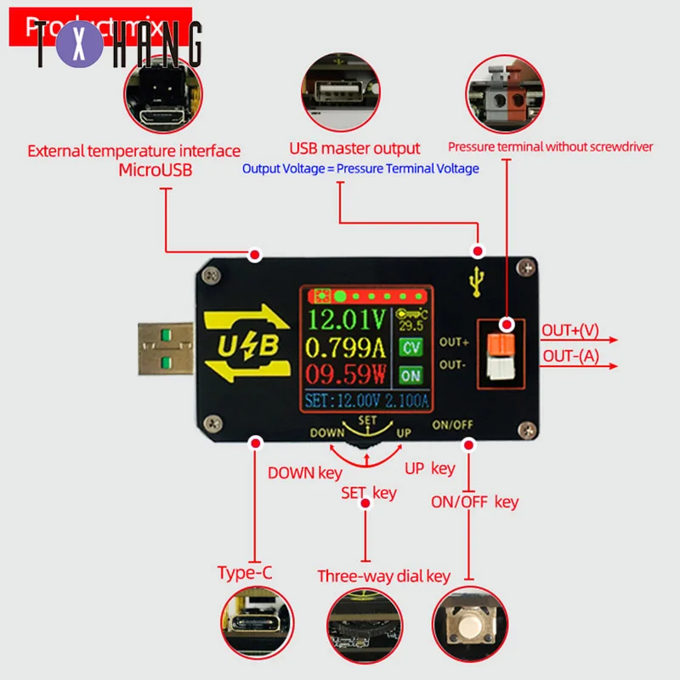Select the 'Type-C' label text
click(x=245, y=572)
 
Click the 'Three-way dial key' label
click(x=383, y=576)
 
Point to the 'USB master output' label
click(x=354, y=149)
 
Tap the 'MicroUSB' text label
click(x=156, y=170)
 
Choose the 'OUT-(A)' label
click(x=571, y=356)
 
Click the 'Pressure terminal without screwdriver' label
click(x=551, y=146)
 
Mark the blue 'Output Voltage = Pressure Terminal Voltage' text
click(x=360, y=168)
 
